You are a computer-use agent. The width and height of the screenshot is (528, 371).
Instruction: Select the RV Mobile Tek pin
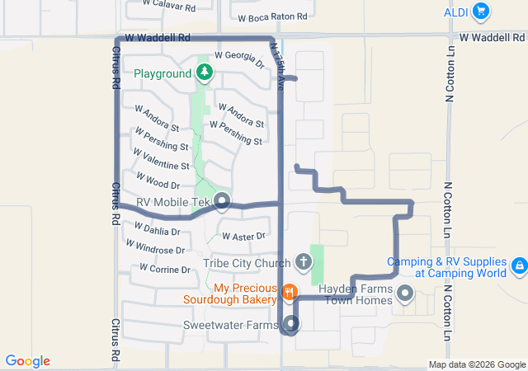(x=222, y=201)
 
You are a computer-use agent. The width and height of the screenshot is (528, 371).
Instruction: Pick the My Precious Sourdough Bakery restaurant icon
(x=289, y=292)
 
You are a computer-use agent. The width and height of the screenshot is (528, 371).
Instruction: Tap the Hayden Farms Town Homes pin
(x=405, y=294)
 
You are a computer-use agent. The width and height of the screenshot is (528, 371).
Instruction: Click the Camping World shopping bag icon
(x=519, y=265)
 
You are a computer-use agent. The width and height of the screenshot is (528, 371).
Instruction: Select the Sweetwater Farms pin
(x=291, y=324)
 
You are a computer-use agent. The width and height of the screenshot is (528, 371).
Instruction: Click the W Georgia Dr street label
(x=239, y=59)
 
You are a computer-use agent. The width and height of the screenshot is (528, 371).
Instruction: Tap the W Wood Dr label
(x=157, y=181)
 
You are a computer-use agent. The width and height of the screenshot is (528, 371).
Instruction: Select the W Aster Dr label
(x=243, y=237)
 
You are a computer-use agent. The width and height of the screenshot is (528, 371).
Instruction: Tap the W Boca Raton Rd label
(x=272, y=16)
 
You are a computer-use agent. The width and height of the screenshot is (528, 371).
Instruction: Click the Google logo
(x=27, y=361)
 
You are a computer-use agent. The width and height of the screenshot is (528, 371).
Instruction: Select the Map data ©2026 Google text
(x=476, y=365)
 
